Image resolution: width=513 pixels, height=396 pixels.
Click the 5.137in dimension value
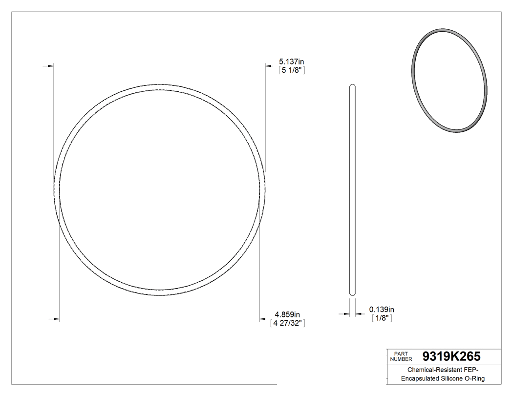[x=291, y=62]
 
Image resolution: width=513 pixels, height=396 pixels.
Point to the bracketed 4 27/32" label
[x=287, y=323]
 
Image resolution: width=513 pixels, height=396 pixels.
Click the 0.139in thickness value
[x=382, y=310]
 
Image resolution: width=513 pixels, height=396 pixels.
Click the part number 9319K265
[x=451, y=356]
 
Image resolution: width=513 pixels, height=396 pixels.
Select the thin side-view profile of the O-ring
[x=352, y=190]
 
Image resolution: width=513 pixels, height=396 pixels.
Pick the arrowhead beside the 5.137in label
[x=268, y=65]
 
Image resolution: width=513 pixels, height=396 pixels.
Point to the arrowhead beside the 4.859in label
[x=262, y=319]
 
